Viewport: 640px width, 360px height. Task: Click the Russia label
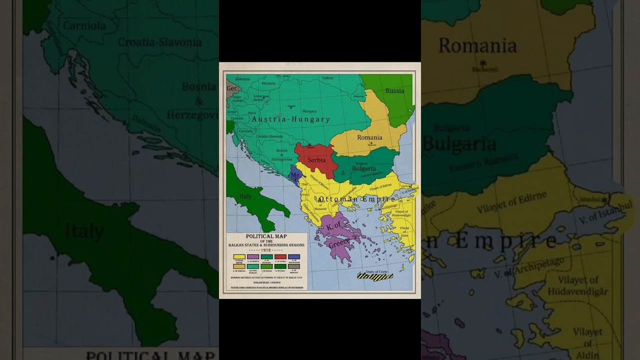(394, 91)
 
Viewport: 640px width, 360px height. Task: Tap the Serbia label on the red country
(316, 160)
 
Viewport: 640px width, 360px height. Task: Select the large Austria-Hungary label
(290, 119)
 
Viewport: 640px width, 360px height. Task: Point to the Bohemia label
(242, 79)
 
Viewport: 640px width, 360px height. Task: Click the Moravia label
(268, 83)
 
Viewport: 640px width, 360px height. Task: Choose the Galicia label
(327, 78)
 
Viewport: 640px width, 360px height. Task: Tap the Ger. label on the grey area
(232, 88)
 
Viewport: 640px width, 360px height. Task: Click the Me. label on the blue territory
(295, 175)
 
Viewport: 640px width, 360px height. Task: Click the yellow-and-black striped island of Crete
(375, 276)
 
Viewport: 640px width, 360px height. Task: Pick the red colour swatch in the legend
(280, 257)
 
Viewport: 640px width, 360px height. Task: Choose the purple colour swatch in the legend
(253, 257)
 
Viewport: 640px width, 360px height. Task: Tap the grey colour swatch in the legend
(294, 266)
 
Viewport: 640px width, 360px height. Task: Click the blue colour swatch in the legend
(294, 257)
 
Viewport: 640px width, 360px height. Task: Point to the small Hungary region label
(309, 111)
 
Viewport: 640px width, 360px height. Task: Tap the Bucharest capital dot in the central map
(371, 143)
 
